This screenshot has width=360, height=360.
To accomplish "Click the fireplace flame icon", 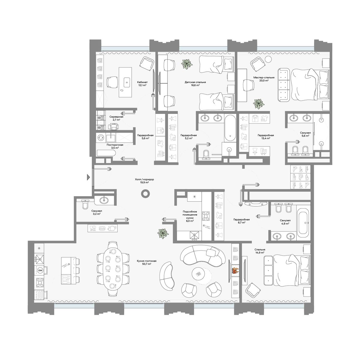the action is pyautogui.click(x=235, y=271).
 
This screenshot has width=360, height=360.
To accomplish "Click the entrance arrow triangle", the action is pyautogui.click(x=88, y=177).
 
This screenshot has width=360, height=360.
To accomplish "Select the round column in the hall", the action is pyautogui.click(x=145, y=194).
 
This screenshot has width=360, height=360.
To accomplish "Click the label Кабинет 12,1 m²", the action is pyautogui.click(x=142, y=83).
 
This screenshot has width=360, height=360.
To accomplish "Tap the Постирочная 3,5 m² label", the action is pyautogui.click(x=115, y=146).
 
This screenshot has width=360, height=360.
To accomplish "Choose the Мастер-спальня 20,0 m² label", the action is pyautogui.click(x=264, y=79).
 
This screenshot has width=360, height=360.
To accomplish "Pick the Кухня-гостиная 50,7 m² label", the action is pyautogui.click(x=147, y=262).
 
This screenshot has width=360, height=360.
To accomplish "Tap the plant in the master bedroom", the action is pyautogui.click(x=259, y=103).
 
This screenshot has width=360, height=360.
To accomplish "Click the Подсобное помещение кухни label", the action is pyautogui.click(x=190, y=216).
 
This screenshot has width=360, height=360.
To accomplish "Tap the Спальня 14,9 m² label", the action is pyautogui.click(x=260, y=251).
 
